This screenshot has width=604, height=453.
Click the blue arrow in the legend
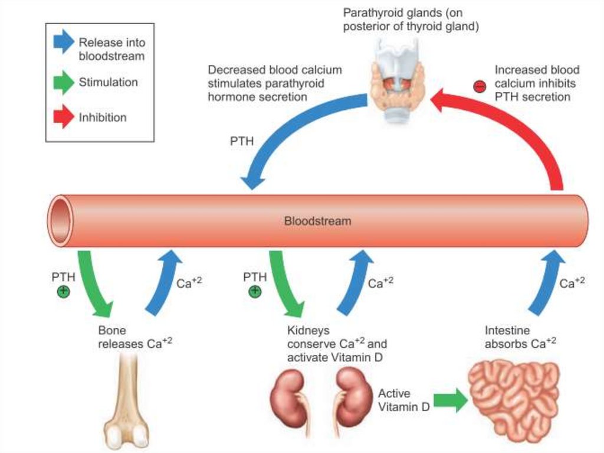pyautogui.click(x=63, y=43)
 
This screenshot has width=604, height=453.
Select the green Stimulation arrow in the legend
pyautogui.click(x=63, y=83)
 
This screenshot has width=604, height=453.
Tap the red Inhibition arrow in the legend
pyautogui.click(x=63, y=117)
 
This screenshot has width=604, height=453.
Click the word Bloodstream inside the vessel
pyautogui.click(x=317, y=221)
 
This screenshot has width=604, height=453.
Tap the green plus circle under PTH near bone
pyautogui.click(x=63, y=291)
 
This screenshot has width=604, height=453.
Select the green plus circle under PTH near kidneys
pyautogui.click(x=255, y=291)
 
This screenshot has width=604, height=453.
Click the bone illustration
pyautogui.click(x=129, y=402)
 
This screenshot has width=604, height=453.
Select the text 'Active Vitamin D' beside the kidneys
pyautogui.click(x=403, y=400)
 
